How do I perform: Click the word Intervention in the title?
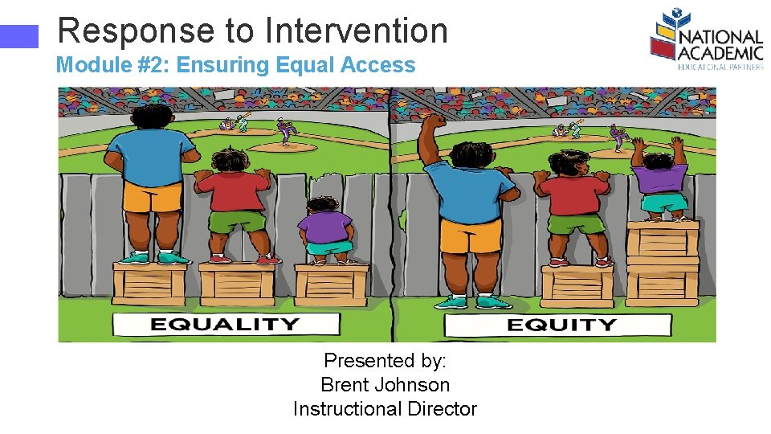[x=356, y=31]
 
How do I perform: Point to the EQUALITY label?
[x=225, y=325]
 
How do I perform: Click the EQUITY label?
[x=561, y=325]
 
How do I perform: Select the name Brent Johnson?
[x=385, y=385]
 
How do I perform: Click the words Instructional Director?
[x=385, y=409]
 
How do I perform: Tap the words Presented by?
[x=385, y=361]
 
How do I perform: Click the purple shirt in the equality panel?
[x=324, y=226]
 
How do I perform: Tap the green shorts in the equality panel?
[x=238, y=221]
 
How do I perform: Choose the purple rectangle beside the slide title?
[x=19, y=36]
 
